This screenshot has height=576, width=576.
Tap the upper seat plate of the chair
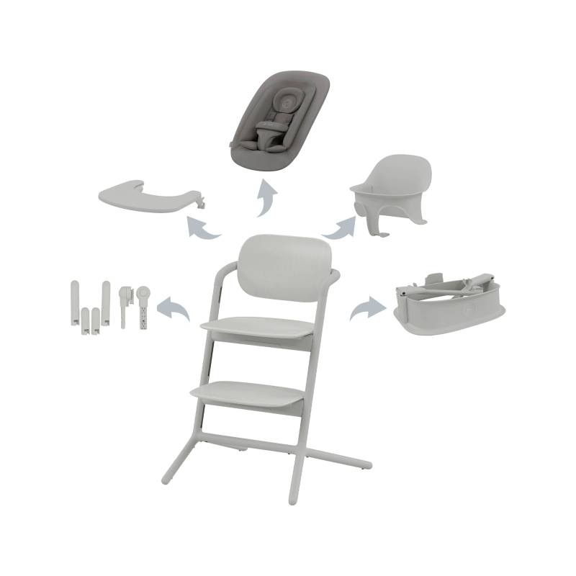coord(260,325)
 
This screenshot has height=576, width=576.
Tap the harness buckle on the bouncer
coord(266,133)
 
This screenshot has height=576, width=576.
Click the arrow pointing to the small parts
coord(172,307)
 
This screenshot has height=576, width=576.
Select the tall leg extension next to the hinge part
coord(106,302)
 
